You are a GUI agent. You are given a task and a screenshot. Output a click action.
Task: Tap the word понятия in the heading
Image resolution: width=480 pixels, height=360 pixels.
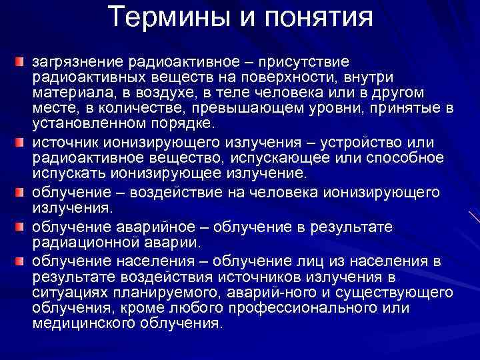(x=319, y=17)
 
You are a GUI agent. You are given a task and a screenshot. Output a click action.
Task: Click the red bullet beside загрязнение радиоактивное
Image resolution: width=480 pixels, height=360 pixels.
(x=20, y=62)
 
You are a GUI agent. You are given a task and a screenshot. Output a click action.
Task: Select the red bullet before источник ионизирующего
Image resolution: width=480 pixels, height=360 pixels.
(x=20, y=143)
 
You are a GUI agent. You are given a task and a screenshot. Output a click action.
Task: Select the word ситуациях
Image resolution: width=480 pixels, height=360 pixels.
(x=68, y=291)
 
